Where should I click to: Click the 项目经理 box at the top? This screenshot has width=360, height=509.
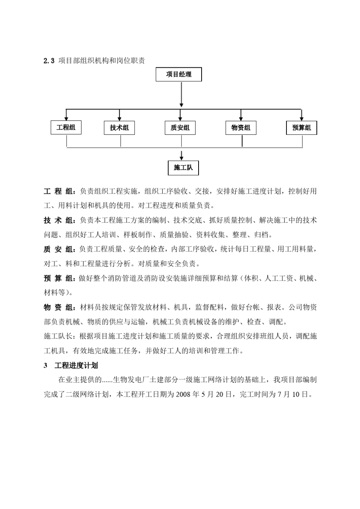pos(178,75)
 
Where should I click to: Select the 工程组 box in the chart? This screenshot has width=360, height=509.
pos(66,128)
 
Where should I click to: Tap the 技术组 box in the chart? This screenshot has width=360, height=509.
pos(119,128)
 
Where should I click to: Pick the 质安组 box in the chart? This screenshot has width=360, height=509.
pos(180,128)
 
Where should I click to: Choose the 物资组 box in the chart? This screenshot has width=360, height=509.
pos(241,128)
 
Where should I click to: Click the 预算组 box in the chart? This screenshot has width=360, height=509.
pos(302,128)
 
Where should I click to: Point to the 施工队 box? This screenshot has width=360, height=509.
pos(183,168)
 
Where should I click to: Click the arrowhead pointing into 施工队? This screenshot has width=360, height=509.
pos(182,158)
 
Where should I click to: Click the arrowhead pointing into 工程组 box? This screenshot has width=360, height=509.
pos(66,118)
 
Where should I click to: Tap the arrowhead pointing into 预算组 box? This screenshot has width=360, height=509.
pos(302,118)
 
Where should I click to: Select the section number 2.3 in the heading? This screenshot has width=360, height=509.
pos(49,61)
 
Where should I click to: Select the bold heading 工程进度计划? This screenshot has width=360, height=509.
pos(76,365)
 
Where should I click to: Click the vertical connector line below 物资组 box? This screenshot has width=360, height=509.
pos(242,141)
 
